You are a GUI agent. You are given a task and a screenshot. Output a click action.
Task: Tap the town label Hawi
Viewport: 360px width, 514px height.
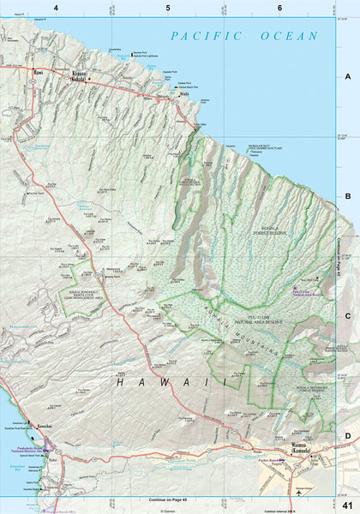(x=36, y=72)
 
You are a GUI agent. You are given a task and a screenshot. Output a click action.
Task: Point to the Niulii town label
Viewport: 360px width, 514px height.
(x=183, y=93)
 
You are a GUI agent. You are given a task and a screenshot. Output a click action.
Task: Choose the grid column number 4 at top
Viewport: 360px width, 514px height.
(x=56, y=7)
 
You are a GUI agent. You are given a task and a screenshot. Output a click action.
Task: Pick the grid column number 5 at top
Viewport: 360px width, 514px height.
(x=167, y=7)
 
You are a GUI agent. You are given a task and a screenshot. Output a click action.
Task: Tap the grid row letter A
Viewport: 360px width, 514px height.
(x=348, y=75)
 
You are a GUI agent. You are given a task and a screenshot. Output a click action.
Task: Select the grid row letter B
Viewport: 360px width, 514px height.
(x=348, y=196)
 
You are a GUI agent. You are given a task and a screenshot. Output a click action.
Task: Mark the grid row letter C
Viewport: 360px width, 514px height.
(x=348, y=316)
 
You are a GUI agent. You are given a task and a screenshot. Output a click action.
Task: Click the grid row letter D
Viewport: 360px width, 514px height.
(x=348, y=436)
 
